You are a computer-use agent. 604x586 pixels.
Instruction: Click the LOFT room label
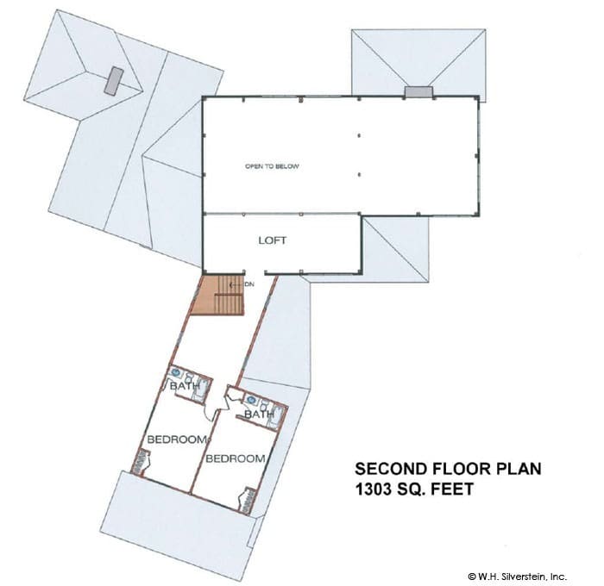coord(273,240)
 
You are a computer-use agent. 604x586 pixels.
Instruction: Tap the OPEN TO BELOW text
coord(272,166)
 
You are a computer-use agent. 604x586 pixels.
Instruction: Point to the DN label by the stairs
coord(249,284)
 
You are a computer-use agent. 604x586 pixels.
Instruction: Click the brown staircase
coord(219,295)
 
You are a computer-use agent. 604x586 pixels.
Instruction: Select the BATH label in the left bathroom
coord(185,385)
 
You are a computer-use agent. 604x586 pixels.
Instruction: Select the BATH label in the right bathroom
coord(259,415)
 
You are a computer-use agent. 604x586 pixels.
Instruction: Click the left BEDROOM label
coord(177,439)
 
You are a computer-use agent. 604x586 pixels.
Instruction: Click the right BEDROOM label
coord(236,458)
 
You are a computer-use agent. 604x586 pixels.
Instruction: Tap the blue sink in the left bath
coord(176,372)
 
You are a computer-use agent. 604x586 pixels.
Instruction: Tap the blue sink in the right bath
coord(251,399)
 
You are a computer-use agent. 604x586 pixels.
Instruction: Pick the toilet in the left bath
coord(190,377)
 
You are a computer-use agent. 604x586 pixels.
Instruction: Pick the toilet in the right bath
coord(264,405)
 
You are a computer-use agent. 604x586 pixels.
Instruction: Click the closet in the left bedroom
coord(140,463)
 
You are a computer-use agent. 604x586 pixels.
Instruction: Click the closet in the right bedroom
coord(248,500)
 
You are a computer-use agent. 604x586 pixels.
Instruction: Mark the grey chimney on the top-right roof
coord(418,91)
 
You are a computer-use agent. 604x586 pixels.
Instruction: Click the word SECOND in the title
coord(391,469)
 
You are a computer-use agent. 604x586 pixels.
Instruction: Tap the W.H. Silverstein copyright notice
coord(518,577)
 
